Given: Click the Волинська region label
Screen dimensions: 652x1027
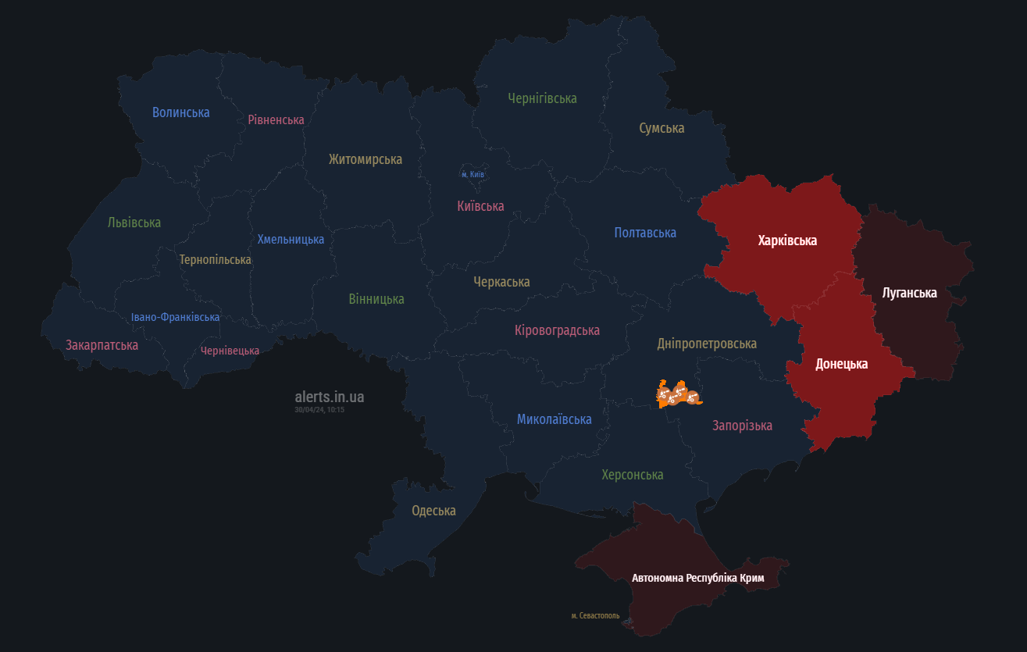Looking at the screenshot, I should (181, 112).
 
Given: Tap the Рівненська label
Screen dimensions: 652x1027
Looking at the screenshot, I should (276, 119).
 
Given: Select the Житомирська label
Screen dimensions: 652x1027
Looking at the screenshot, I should (366, 159).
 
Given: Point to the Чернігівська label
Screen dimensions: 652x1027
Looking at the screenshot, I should (542, 98).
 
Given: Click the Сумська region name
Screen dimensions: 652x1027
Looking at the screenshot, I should (661, 128).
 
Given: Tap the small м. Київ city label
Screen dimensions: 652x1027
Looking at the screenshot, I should (472, 174).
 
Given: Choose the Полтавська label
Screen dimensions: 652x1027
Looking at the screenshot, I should (645, 233).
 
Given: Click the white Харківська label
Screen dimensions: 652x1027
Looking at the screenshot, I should (787, 240).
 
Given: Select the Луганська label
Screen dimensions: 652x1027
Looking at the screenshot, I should (909, 293).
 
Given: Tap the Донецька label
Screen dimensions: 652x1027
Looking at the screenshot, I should (841, 364).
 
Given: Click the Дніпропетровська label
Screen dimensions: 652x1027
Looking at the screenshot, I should (707, 344).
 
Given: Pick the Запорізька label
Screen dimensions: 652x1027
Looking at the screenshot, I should (742, 426).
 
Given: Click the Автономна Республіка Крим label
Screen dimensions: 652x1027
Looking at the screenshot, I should (697, 579).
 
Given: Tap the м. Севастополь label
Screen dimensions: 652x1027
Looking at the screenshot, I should (595, 615).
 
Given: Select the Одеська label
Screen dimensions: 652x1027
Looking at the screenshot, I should (433, 511).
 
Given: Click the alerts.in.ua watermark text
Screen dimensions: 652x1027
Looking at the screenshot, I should (329, 397).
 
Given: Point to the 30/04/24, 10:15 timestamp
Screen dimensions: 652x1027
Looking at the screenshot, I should (319, 409).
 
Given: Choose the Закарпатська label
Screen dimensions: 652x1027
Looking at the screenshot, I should (102, 345).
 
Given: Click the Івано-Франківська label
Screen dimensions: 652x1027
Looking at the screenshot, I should (175, 317).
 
